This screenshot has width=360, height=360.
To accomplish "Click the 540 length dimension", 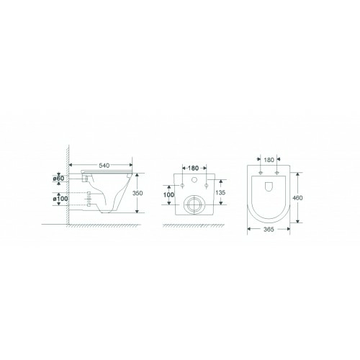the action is [104, 165].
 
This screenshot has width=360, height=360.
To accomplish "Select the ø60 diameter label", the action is [58, 179].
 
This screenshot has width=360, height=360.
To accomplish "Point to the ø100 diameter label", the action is [60, 199].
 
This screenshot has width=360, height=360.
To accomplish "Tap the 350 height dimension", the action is [138, 193].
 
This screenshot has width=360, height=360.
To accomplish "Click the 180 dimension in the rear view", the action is [193, 168].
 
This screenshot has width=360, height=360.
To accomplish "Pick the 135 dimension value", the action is [220, 192].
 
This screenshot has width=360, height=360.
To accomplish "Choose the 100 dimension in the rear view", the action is [168, 194].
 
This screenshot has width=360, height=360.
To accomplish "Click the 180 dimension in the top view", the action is [269, 160].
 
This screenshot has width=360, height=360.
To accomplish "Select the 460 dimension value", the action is [297, 198].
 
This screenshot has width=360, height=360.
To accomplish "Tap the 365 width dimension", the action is [269, 230].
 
